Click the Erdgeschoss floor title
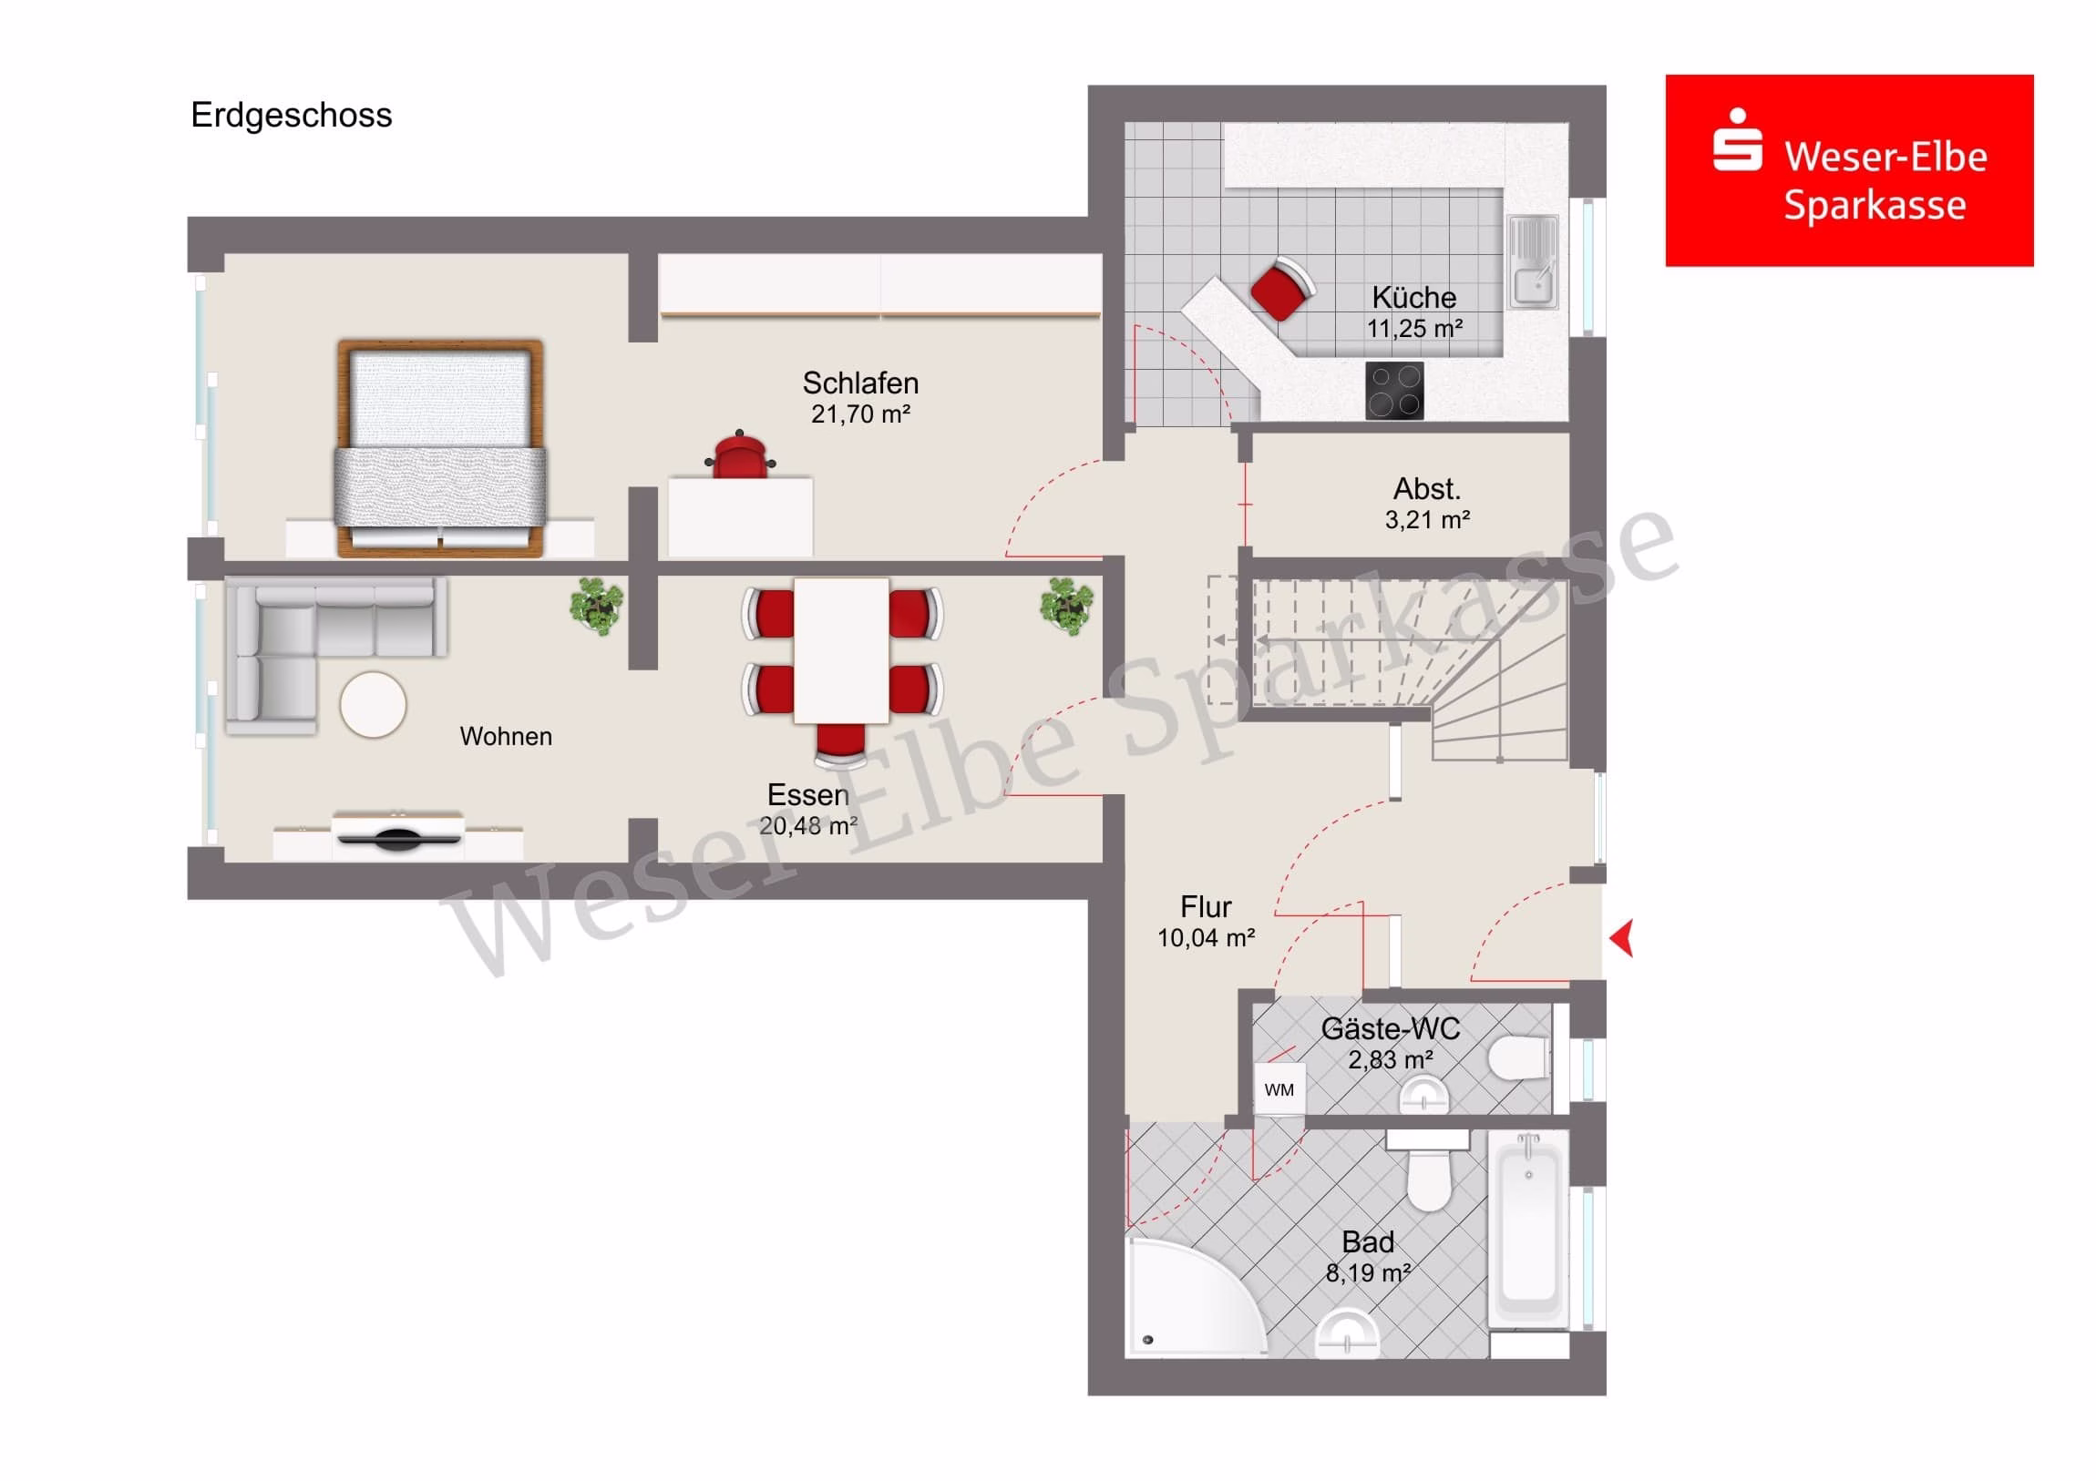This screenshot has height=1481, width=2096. [292, 116]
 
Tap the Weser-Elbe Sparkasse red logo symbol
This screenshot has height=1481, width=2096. [1736, 140]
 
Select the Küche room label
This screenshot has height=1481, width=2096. [1414, 298]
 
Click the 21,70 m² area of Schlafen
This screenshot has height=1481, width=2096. [861, 414]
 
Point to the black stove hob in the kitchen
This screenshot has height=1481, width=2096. [1394, 391]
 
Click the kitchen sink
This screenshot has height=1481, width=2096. [1533, 262]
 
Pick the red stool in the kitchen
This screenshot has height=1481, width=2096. [1281, 290]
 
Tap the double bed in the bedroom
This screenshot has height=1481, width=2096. [441, 448]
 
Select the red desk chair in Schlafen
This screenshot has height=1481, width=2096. [739, 454]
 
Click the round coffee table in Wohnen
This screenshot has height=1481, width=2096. [374, 704]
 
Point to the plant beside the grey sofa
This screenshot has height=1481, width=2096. [597, 605]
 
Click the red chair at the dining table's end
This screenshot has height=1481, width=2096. [840, 743]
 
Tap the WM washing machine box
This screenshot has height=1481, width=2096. [1279, 1089]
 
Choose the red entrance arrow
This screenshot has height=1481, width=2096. [1621, 939]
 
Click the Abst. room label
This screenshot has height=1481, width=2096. [1427, 489]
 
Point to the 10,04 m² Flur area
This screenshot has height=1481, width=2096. [1206, 938]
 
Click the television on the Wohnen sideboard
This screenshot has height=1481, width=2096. [397, 835]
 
